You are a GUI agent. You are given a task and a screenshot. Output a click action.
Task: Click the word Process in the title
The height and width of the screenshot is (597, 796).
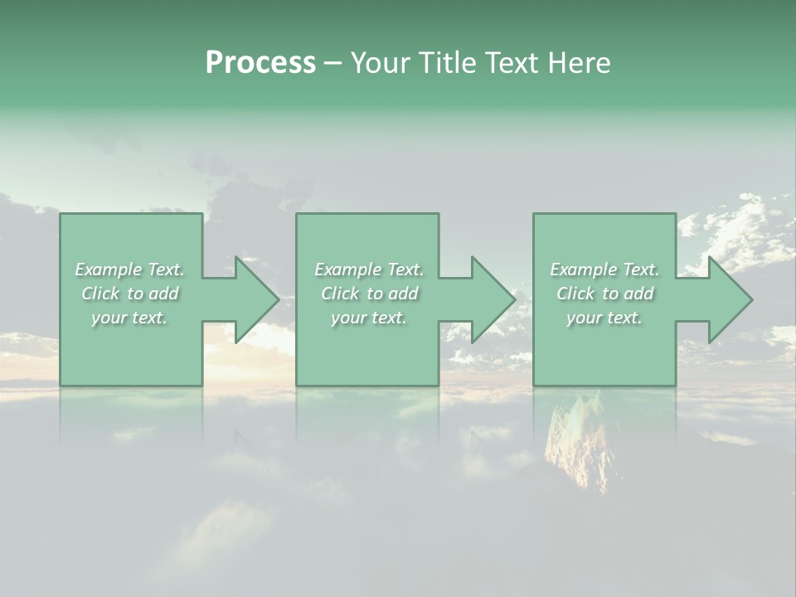[260, 63]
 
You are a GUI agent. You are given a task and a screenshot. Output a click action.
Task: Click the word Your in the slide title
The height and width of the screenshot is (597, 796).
[380, 63]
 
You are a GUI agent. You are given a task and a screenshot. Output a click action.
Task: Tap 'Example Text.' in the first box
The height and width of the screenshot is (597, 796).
[130, 269]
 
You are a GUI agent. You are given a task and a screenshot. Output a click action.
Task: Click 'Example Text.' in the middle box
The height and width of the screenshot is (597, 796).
[369, 269]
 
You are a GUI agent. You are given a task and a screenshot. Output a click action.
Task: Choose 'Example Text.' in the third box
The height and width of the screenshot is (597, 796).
[604, 269]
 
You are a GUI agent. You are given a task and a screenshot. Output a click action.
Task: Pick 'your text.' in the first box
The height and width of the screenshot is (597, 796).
[129, 318]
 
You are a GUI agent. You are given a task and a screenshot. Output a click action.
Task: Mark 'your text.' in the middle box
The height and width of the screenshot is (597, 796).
[369, 318]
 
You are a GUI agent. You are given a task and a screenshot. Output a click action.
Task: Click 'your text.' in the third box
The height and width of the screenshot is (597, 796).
[604, 318]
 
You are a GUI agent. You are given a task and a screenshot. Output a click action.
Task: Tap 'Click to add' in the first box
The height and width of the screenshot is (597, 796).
[130, 294]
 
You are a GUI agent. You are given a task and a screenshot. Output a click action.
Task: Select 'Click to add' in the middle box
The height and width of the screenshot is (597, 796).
[369, 294]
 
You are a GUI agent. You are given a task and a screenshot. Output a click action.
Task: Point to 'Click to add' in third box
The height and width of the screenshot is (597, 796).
[604, 294]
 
